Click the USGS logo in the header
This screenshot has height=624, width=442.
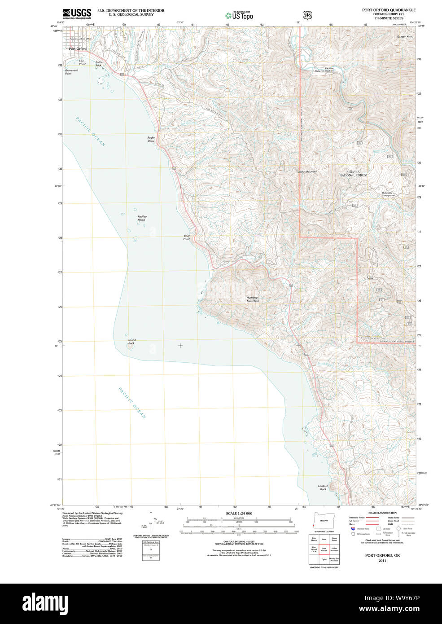click(x=77, y=13)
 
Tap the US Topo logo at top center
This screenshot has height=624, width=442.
click(x=239, y=16)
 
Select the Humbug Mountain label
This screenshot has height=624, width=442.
click(x=252, y=299)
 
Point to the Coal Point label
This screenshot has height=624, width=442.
click(x=186, y=237)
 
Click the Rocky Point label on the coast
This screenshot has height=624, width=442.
click(x=151, y=139)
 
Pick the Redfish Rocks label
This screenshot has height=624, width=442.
click(x=142, y=218)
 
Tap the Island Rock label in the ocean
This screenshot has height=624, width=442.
click(x=131, y=342)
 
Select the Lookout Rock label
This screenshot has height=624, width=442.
click(x=323, y=487)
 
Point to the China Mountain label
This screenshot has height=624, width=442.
click(x=307, y=171)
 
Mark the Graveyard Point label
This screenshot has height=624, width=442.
click(x=71, y=71)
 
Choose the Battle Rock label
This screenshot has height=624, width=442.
click(x=99, y=64)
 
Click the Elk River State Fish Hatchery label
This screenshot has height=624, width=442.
click(x=324, y=70)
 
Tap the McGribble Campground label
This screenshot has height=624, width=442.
click(x=388, y=194)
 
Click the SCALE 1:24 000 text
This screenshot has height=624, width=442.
click(x=239, y=513)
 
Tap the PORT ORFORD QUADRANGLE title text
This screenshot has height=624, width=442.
click(x=389, y=10)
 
